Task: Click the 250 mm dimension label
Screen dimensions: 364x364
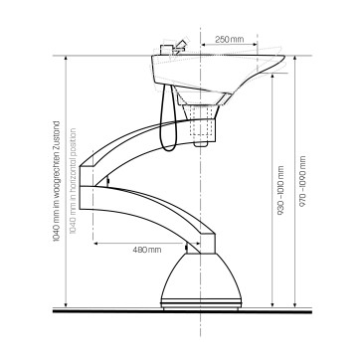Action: click(229, 38)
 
